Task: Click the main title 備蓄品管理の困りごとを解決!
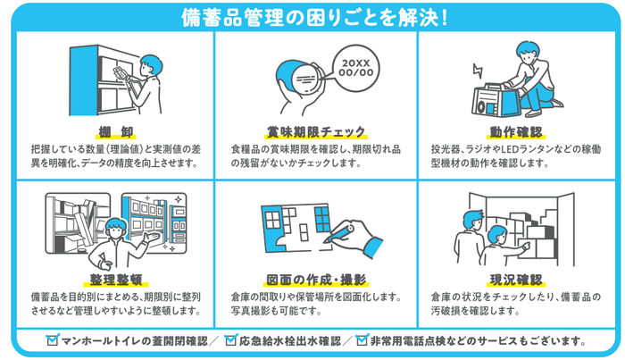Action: click(x=312, y=17)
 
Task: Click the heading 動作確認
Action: click(x=512, y=131)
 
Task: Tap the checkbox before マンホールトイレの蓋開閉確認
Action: click(x=53, y=340)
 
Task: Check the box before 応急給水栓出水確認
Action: click(x=231, y=340)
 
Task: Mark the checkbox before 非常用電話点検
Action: click(x=362, y=340)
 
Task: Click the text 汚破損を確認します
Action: click(x=474, y=311)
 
